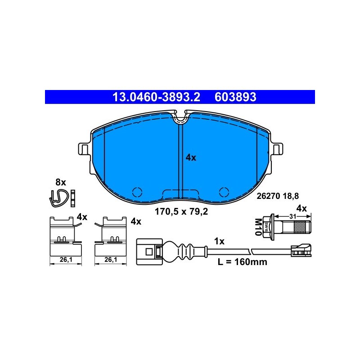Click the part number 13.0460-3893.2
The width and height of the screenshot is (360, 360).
[156, 97]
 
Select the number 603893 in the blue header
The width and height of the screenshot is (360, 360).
[235, 97]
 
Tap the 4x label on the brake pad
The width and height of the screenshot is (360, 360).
[191, 158]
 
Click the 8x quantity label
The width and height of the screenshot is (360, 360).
[61, 182]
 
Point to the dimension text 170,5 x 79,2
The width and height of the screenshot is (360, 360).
[181, 211]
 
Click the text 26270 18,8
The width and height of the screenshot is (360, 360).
[278, 196]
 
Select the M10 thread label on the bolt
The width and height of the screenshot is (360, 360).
[258, 227]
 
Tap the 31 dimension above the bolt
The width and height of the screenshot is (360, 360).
[292, 216]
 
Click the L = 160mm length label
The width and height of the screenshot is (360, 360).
[243, 262]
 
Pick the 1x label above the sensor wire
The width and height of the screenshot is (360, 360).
[219, 241]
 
